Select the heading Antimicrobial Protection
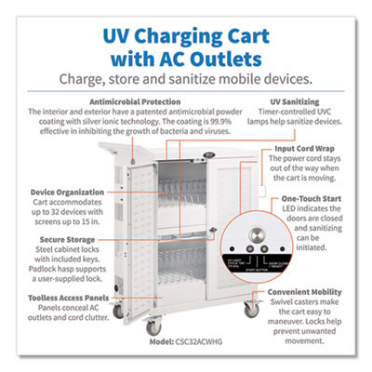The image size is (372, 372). coord(150,100)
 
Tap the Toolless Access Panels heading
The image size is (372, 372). coord(54,297)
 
